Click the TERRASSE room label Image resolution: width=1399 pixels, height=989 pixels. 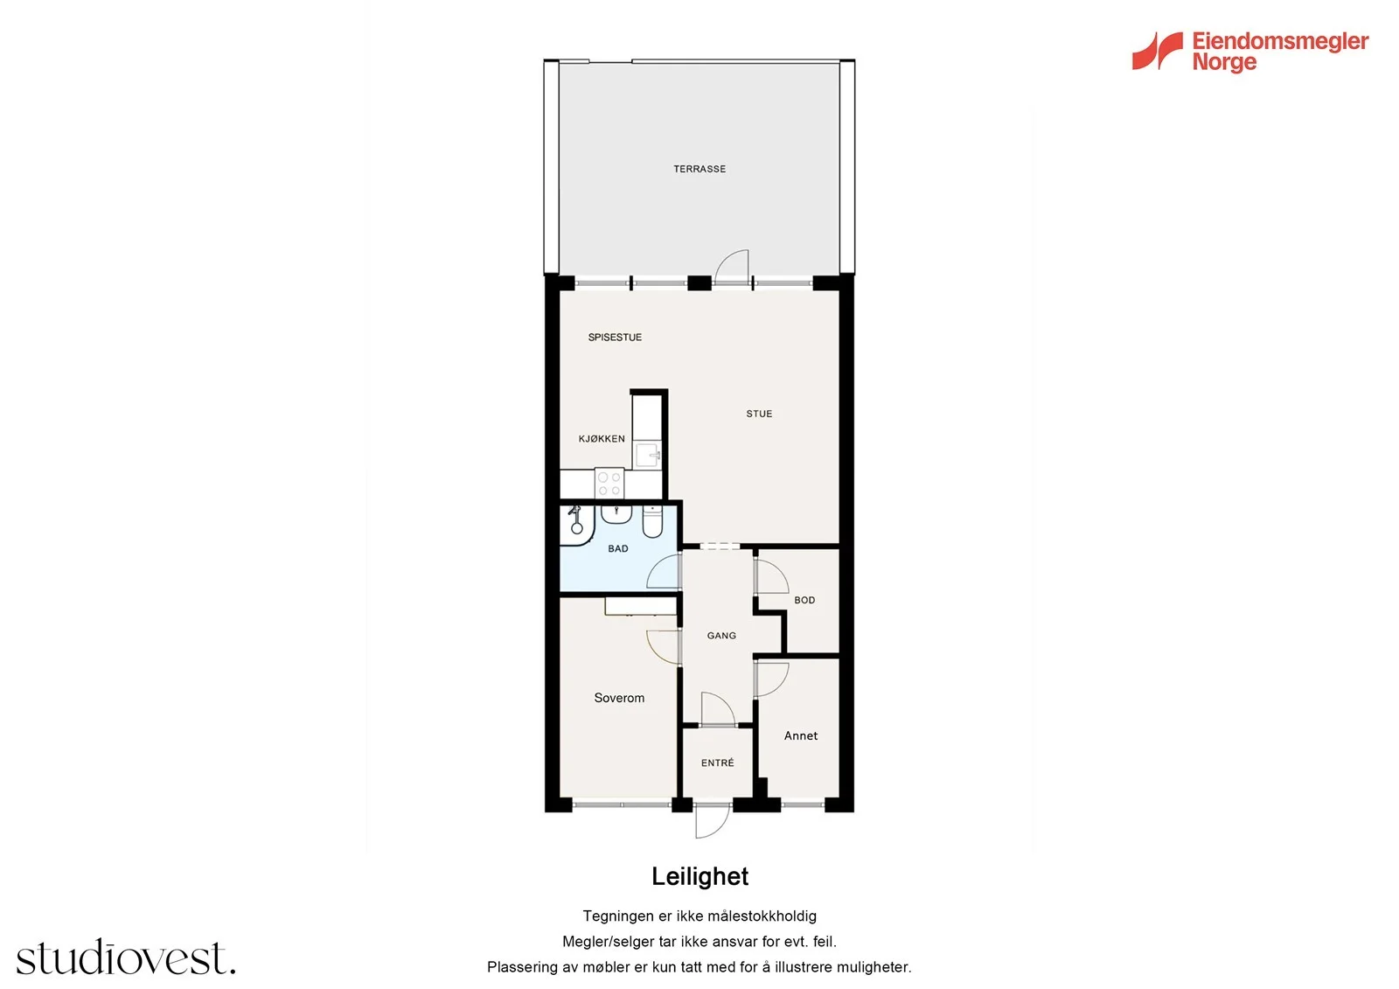pos(699,169)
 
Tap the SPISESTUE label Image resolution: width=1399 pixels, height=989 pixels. pos(615,338)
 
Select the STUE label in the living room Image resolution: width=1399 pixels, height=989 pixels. pos(759,414)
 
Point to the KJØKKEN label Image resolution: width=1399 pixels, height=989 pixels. pos(602,439)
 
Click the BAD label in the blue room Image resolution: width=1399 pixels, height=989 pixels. pos(617,548)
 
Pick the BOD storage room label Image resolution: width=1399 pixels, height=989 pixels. pos(804,600)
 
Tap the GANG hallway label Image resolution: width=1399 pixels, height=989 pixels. pos(721,636)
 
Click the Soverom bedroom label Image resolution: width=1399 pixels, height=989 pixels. pos(619,698)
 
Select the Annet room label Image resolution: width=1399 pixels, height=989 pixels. pos(801,736)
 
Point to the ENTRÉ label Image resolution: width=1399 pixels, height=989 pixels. pos(717,763)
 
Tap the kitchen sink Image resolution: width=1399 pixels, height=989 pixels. pos(648,455)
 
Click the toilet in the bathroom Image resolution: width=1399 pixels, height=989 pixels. pos(652,522)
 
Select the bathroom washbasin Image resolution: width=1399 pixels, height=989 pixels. pos(616,515)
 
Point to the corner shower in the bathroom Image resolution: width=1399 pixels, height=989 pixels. pos(576,526)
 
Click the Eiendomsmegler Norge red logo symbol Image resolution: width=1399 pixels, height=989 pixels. pos(1158,51)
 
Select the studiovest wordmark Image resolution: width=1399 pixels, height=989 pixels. pos(126,957)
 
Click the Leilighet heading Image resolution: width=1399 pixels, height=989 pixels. pos(699,876)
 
